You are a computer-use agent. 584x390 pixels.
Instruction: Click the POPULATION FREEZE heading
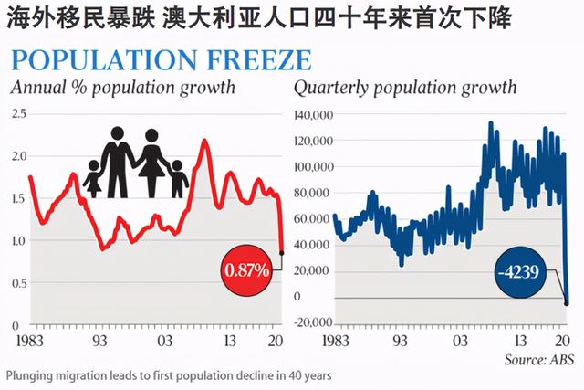point(160,61)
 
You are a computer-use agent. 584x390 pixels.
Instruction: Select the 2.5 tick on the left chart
point(18,113)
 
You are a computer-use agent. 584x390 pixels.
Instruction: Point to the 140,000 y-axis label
point(314,116)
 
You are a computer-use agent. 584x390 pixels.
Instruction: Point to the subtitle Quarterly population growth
point(404,89)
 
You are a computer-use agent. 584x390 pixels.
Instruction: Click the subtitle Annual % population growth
point(122,89)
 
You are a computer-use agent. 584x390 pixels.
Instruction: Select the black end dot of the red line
point(282,252)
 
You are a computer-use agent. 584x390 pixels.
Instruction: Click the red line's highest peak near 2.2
point(203,141)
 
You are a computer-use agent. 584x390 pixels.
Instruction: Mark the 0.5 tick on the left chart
point(18,283)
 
